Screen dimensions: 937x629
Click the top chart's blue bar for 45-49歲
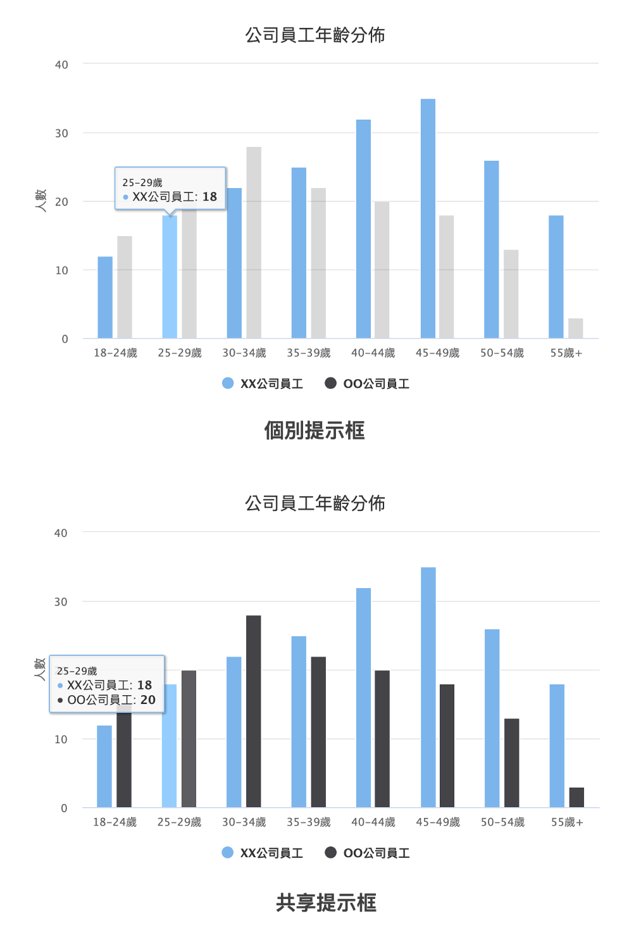pos(428,218)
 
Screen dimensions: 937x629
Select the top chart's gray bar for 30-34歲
pos(254,242)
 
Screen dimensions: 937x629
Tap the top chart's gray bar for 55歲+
pos(575,329)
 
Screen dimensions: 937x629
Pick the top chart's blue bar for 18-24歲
pos(105,298)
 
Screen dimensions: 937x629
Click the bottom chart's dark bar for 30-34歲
pos(253,711)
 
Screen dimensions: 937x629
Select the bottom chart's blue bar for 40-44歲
pos(363,698)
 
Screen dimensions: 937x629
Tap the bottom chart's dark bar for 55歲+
pos(576,798)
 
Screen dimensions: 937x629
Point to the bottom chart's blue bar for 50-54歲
pos(492,718)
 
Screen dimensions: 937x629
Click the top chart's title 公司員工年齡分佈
pos(314,35)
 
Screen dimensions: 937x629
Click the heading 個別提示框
pos(314,431)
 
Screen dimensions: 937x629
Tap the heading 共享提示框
pos(326,902)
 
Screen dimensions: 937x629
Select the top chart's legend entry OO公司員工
pos(367,384)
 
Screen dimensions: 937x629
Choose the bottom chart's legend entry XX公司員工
pos(263,853)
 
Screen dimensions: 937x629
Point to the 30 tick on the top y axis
pos(61,134)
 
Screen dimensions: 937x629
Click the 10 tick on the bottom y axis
pos(61,739)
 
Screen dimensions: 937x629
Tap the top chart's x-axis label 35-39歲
pos(308,353)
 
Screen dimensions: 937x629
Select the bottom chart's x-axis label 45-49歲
pos(438,822)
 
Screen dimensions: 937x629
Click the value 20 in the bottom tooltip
pos(148,700)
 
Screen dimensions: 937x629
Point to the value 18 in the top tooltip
pos(209,197)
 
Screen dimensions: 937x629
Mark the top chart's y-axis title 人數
pos(41,200)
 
